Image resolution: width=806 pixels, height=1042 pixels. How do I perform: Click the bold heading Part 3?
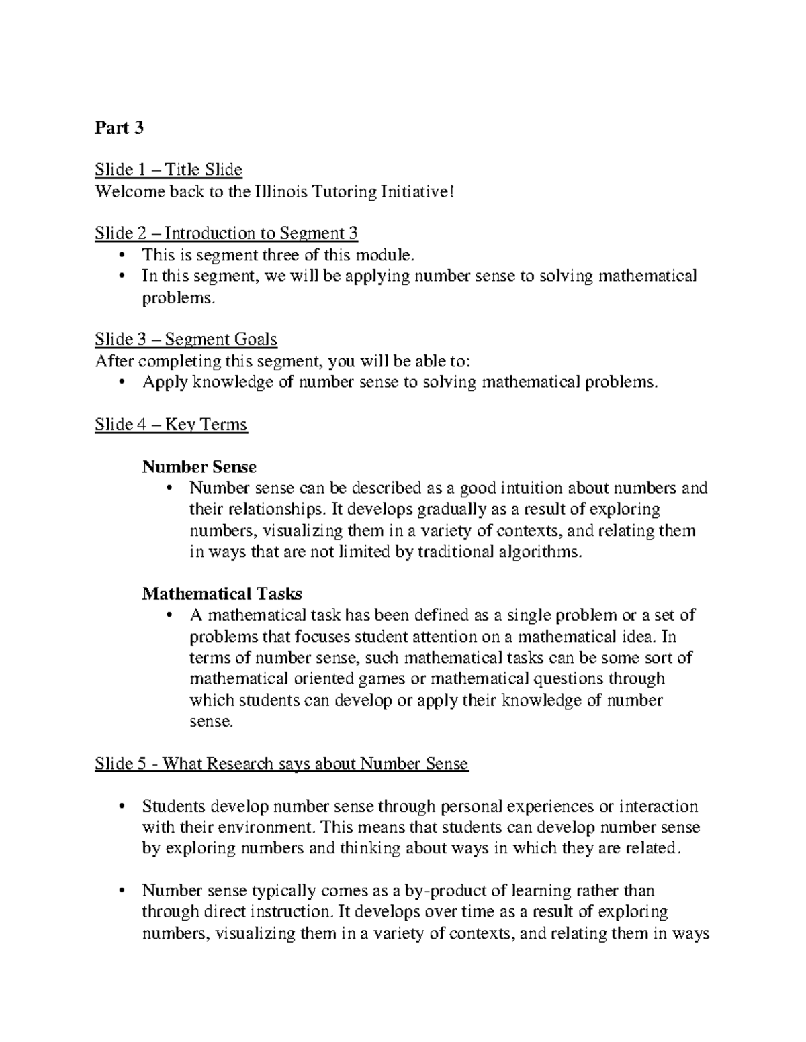(120, 127)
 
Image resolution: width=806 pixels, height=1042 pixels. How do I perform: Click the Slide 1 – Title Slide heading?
(169, 170)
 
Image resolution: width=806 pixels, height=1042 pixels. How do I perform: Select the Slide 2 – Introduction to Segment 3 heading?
(226, 233)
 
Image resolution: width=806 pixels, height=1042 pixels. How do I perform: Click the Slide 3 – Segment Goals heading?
(186, 340)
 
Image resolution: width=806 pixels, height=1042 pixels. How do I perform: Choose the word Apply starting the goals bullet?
(165, 382)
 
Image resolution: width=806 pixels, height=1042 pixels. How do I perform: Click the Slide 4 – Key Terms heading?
(171, 425)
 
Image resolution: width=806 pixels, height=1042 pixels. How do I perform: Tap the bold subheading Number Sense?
(199, 466)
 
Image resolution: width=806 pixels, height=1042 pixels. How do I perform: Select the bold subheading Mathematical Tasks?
(222, 594)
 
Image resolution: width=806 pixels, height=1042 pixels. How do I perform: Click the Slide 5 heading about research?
(281, 764)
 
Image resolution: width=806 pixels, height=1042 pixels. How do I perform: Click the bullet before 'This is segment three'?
(122, 255)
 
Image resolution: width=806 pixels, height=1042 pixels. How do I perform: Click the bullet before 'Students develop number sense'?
(122, 806)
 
